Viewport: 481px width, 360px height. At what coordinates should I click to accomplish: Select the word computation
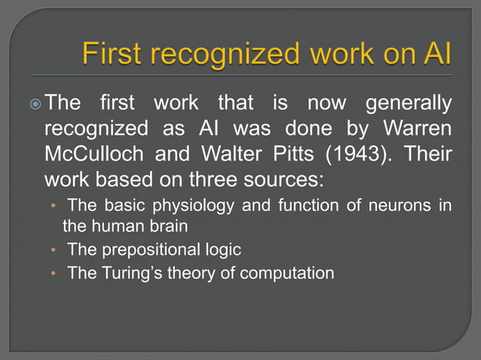[x=287, y=273]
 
